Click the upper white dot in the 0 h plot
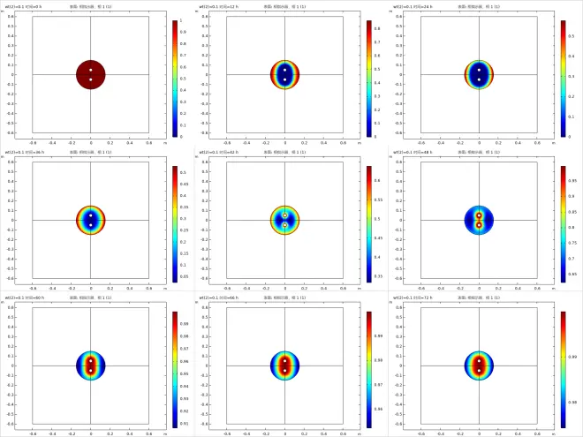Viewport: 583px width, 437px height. click(91, 70)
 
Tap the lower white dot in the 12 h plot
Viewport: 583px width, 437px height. click(285, 80)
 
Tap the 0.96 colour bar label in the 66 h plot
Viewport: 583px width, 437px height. click(377, 409)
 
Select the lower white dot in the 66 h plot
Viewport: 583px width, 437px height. click(285, 371)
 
